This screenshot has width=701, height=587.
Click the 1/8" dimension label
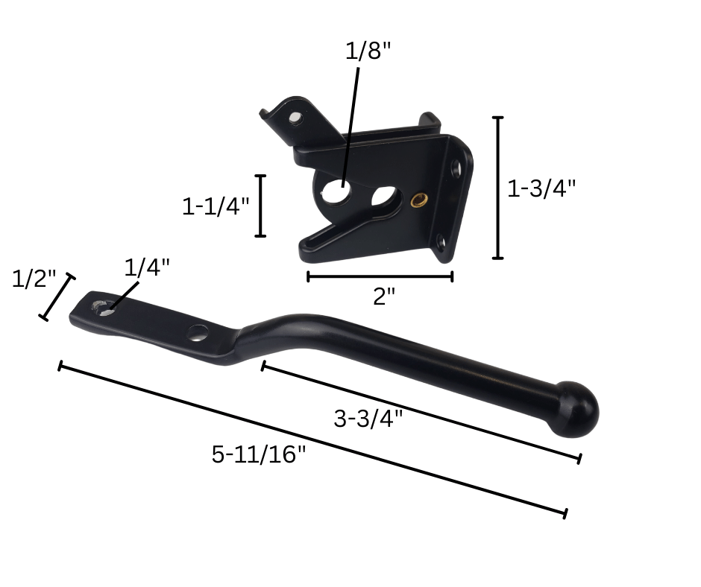(x=368, y=51)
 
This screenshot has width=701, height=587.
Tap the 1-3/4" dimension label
(x=541, y=188)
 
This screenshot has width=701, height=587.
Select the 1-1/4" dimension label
(x=216, y=206)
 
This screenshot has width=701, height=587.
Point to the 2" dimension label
(x=384, y=296)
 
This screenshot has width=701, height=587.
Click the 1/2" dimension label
(x=34, y=279)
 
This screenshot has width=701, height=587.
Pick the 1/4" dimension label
(x=147, y=267)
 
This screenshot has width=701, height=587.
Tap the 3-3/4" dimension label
(x=368, y=419)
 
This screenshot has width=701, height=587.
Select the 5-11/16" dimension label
(x=259, y=454)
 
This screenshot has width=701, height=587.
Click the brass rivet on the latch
(x=419, y=200)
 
